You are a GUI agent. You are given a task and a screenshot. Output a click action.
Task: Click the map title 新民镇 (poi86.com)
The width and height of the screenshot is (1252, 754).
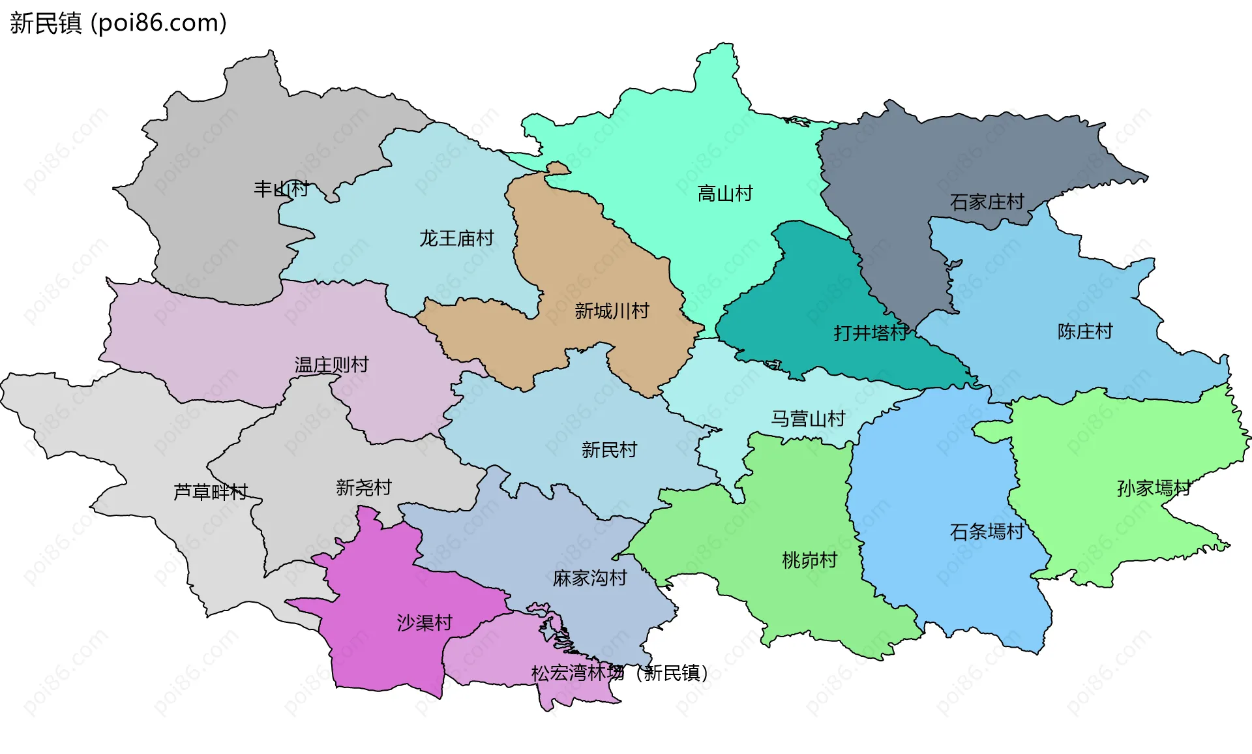[x=118, y=23]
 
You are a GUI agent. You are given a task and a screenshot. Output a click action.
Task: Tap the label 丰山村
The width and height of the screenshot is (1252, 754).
[x=281, y=189]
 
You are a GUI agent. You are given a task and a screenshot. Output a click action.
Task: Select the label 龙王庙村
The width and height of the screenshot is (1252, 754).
[x=456, y=239]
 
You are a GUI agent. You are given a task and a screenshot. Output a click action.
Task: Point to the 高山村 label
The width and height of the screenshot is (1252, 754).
[x=725, y=194]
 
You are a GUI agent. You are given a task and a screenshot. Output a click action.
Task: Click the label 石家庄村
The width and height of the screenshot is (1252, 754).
[x=987, y=202]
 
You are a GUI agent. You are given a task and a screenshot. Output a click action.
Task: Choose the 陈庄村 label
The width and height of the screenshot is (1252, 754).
[x=1085, y=332]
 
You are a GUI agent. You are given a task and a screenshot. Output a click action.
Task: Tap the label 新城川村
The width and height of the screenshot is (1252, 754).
[x=612, y=311]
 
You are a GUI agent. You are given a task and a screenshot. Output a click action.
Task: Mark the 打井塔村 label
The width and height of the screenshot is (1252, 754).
[x=871, y=333]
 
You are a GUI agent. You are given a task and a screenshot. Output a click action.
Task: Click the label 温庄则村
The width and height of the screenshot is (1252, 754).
[x=331, y=365]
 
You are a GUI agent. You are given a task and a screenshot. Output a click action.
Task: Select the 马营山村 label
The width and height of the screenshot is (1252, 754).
[x=808, y=419]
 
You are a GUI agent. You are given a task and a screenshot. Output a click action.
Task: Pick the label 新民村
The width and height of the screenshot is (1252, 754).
[x=609, y=450]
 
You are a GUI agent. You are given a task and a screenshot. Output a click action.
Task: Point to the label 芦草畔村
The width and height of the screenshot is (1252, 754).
[x=211, y=492]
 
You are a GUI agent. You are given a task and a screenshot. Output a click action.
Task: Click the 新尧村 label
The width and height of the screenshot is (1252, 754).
[x=364, y=488]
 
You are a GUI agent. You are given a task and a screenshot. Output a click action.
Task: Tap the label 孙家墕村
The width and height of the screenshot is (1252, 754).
[x=1154, y=489]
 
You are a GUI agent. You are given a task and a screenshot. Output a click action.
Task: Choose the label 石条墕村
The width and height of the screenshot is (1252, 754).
[x=987, y=532]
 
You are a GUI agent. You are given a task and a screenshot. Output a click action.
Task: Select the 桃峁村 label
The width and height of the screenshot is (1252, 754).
[x=809, y=560]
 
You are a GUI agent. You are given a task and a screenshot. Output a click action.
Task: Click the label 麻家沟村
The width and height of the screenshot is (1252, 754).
[x=589, y=579]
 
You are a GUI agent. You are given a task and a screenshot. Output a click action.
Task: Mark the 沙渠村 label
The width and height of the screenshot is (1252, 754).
[x=425, y=623]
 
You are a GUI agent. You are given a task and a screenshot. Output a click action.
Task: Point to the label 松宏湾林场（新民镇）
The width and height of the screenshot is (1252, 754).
[x=619, y=673]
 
